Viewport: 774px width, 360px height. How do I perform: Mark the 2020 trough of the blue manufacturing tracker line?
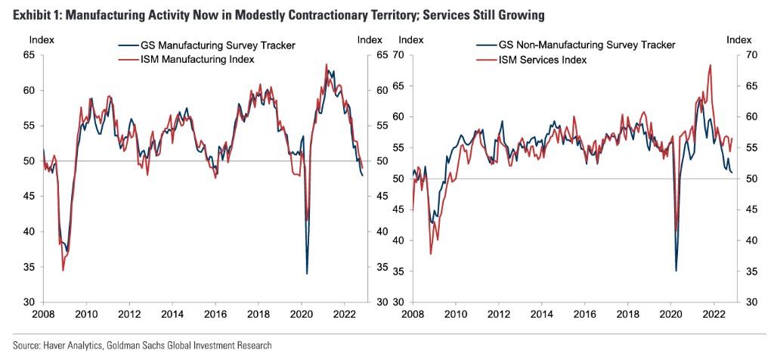coord(307,274)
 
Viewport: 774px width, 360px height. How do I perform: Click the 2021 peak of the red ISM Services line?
coord(710,65)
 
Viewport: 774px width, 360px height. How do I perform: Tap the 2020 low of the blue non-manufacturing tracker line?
coord(676,270)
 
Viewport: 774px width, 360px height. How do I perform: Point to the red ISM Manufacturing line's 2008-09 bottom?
coord(63,270)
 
